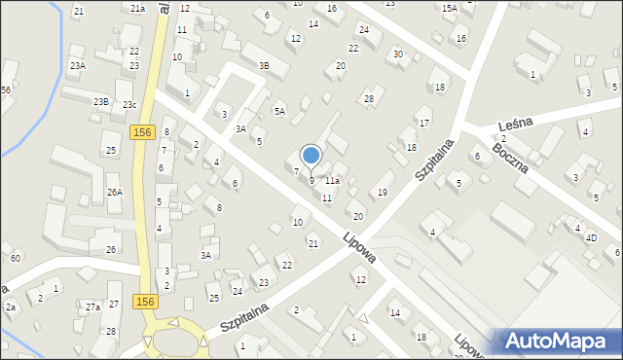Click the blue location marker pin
coord(311,156)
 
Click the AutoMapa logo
coord(560,341)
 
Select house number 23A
coord(77,65)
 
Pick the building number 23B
coord(101,101)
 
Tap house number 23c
coord(129,105)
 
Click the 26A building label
coord(115,193)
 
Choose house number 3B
coord(264,65)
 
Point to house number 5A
coord(279,112)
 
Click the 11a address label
coord(333,181)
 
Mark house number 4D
coord(591,236)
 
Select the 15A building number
coord(449,8)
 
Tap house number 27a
coord(92,307)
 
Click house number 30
coord(398,54)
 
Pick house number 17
coord(423,123)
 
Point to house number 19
coord(383,193)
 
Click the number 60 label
coord(15,258)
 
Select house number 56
coord(6,90)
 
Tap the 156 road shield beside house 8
coord(142,131)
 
